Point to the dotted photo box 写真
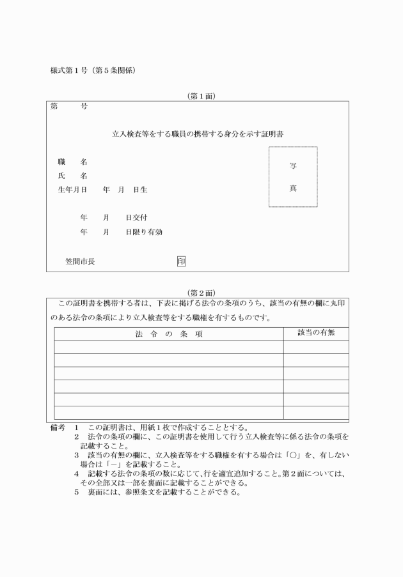click(293, 177)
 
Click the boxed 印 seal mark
click(182, 261)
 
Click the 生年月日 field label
click(72, 190)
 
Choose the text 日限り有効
click(143, 231)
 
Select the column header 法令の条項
click(169, 334)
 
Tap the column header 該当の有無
click(316, 333)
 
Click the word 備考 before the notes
click(58, 427)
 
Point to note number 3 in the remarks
click(76, 455)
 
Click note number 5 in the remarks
click(76, 492)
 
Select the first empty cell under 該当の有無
click(316, 346)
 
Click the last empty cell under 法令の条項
click(169, 412)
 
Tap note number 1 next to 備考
click(76, 427)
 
